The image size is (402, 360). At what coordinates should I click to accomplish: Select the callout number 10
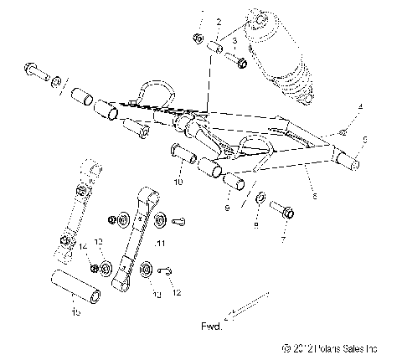pos(178,181)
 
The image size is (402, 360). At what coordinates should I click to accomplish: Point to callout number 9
pos(226,206)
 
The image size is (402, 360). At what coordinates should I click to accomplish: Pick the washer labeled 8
pos(261,199)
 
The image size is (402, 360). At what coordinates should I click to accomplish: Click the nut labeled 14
pos(85,266)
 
